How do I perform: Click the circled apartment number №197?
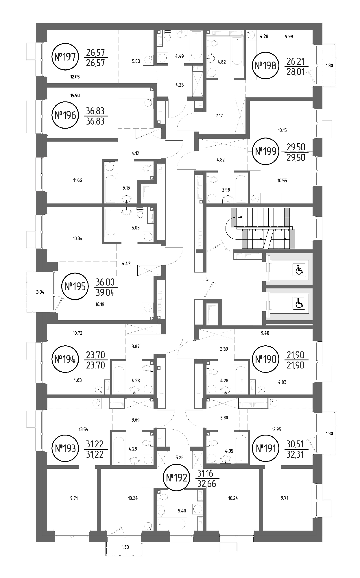click(65, 57)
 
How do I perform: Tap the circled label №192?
click(177, 478)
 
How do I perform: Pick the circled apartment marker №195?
click(75, 286)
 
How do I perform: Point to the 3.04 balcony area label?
click(40, 292)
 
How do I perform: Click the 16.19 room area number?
click(99, 304)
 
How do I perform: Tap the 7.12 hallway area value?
click(219, 116)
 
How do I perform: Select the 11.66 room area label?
click(77, 180)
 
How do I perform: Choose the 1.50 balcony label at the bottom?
click(125, 547)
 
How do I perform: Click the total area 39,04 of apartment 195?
click(105, 293)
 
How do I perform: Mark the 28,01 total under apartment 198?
click(296, 72)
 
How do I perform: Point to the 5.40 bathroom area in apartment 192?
click(182, 511)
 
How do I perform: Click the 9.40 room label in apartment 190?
click(265, 333)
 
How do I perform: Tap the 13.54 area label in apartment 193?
click(84, 429)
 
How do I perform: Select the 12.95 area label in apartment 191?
click(276, 429)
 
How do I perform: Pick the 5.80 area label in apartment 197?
click(136, 61)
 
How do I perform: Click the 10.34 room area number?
click(77, 239)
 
